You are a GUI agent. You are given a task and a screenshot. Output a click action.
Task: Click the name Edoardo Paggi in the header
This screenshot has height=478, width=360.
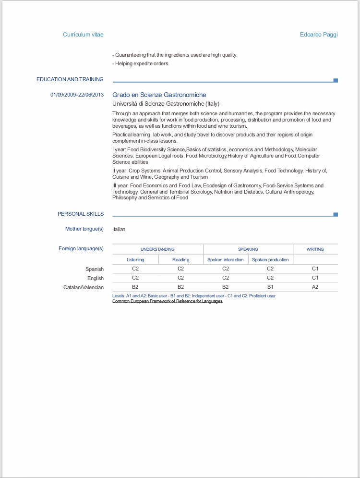tap(319, 35)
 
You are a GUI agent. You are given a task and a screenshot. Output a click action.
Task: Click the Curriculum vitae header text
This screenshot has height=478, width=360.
tap(83, 35)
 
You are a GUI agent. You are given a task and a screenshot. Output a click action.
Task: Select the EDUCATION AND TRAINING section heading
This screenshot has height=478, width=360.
tap(70, 79)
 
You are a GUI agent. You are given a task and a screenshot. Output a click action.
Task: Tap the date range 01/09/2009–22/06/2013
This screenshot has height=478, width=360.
tap(77, 95)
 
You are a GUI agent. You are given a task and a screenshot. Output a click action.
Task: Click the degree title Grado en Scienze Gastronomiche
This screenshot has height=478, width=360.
tap(159, 95)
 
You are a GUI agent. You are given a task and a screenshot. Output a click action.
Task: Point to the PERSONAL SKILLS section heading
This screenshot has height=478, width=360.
tap(81, 214)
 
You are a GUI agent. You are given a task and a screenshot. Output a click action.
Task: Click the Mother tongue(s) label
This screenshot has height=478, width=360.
tap(84, 229)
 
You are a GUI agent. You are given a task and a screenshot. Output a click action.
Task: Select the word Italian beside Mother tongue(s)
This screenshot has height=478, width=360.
tap(119, 229)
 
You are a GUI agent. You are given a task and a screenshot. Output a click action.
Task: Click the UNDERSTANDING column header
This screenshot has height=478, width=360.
tap(157, 249)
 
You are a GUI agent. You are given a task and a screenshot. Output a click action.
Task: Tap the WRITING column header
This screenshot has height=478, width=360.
tap(315, 249)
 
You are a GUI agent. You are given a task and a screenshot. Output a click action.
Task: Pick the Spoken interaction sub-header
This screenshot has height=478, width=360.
tap(226, 260)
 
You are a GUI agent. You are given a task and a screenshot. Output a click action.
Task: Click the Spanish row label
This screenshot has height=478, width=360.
tap(95, 269)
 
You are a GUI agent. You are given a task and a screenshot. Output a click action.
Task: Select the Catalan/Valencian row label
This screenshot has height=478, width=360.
tap(84, 287)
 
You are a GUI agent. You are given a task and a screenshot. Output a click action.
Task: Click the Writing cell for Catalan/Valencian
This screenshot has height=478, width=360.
tap(315, 287)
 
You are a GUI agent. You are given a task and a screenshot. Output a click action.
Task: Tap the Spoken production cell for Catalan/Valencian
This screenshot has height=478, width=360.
tap(270, 287)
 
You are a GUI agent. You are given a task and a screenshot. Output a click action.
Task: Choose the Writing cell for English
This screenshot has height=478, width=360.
tap(315, 278)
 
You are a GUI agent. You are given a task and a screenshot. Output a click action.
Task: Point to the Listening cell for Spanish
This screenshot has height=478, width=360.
tap(135, 269)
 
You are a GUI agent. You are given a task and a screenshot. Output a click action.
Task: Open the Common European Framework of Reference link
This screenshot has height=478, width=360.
tap(167, 301)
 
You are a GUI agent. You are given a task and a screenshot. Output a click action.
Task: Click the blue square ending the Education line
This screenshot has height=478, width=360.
tap(336, 80)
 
